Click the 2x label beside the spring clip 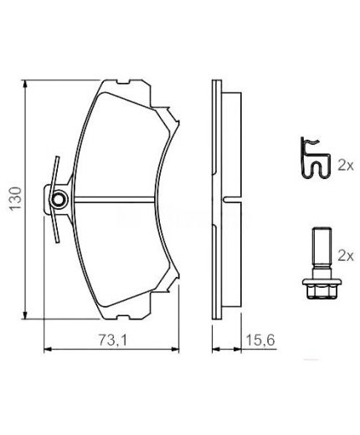346,166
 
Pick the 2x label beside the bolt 346,251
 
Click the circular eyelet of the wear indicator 59,199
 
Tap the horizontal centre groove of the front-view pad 113,199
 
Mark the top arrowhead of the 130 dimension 28,84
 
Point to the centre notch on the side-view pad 232,199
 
